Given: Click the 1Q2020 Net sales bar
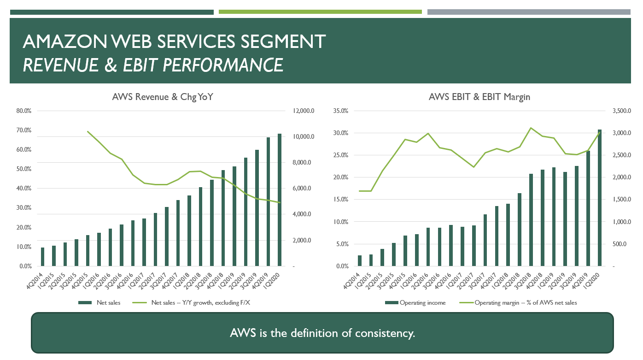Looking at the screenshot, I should tap(279, 200).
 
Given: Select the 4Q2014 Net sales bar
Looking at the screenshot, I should tap(42, 257).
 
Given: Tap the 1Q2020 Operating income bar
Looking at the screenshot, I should tap(599, 198).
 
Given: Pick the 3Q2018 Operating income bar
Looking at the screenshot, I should tap(531, 220).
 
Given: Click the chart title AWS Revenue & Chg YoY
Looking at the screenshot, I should tap(163, 97).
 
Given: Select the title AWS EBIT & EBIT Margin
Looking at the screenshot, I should tap(479, 97).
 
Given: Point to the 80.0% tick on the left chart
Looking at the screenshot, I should tap(23, 111).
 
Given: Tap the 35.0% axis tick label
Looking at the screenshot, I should tap(341, 111).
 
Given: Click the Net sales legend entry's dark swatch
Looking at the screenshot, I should tap(85, 303).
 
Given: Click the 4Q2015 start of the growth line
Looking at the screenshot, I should tap(88, 131).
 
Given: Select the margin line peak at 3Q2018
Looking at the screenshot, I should tap(531, 128).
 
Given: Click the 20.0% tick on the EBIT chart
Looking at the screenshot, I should tap(341, 177).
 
